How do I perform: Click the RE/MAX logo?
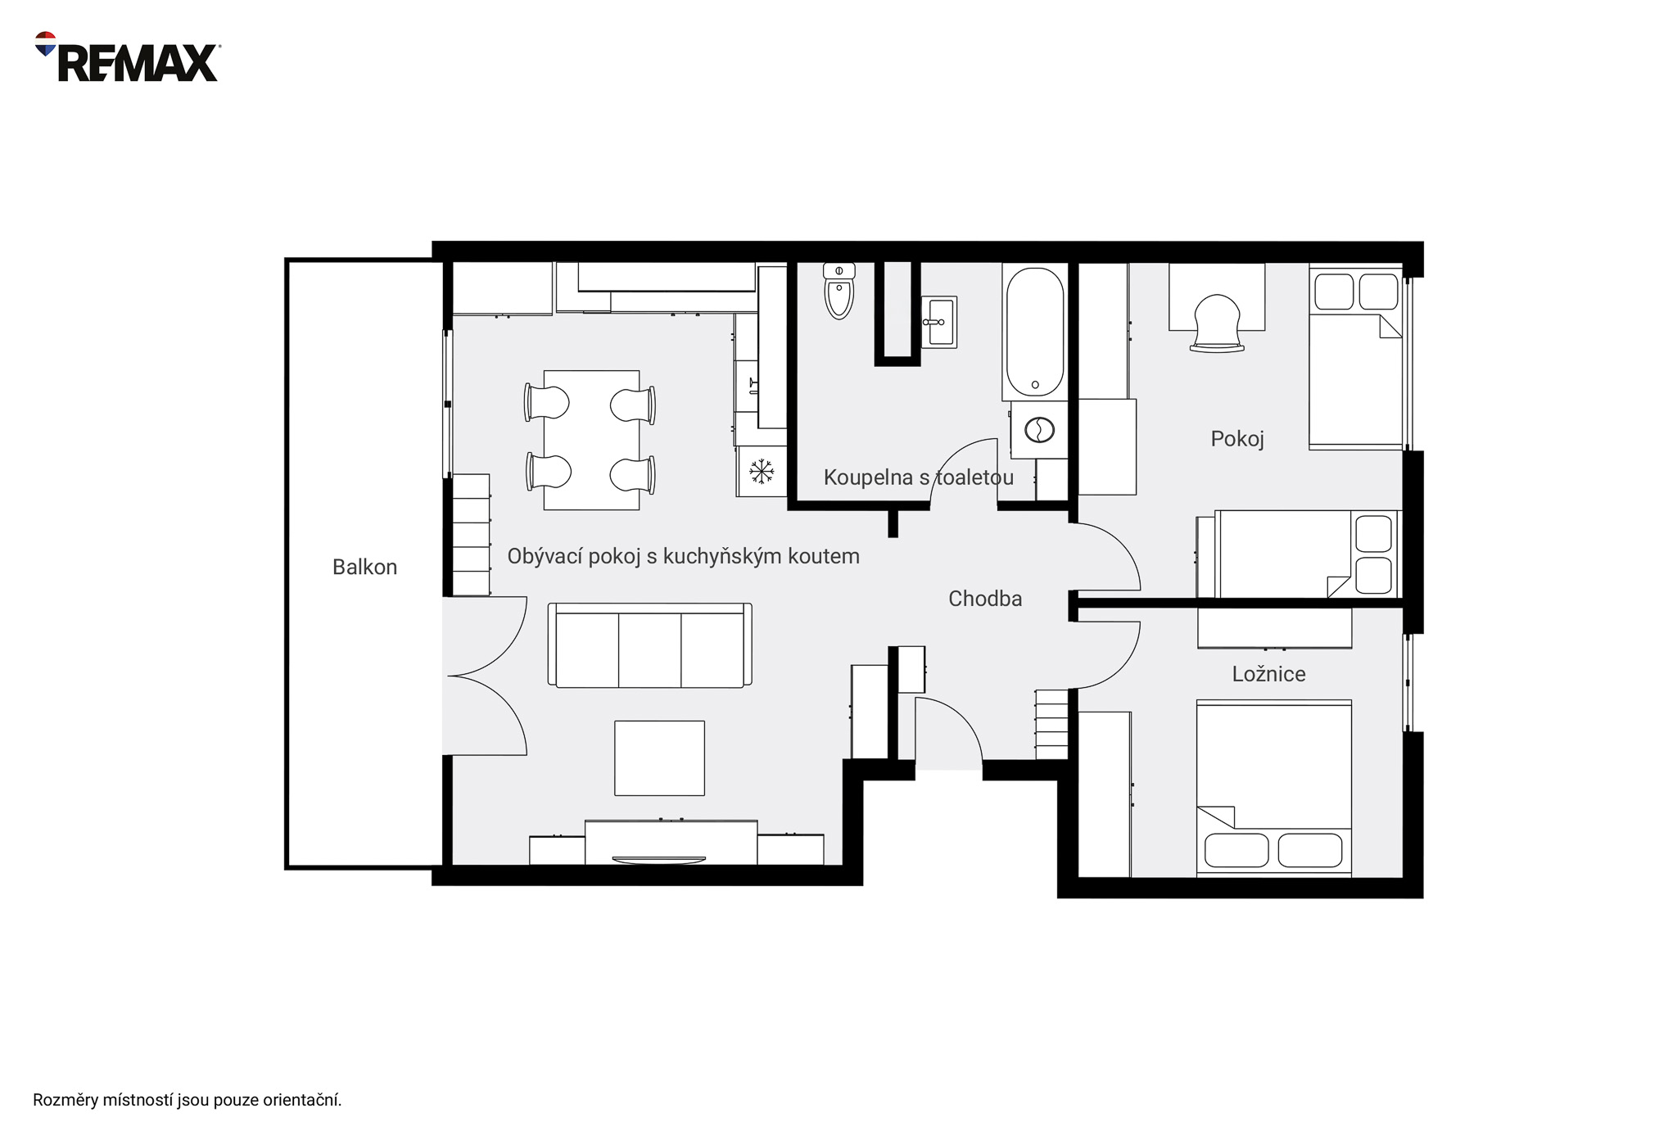tap(127, 57)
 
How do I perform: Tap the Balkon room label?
tap(364, 567)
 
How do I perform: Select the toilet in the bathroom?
tap(839, 291)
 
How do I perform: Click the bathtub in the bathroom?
tap(1035, 332)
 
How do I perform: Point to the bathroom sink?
tap(939, 322)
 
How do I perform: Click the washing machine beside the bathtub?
tap(1039, 429)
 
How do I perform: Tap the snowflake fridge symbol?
tap(762, 471)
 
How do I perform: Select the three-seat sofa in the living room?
tap(650, 645)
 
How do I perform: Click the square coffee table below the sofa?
tap(660, 758)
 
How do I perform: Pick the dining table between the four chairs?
tap(591, 440)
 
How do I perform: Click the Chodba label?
tap(985, 599)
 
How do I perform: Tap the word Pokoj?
tap(1237, 439)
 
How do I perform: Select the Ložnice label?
tap(1268, 674)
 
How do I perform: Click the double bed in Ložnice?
tap(1274, 788)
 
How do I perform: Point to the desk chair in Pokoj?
tap(1217, 323)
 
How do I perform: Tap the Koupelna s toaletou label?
tap(918, 477)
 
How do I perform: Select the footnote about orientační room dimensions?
tap(187, 1100)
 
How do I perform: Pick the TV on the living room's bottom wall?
tap(659, 860)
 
